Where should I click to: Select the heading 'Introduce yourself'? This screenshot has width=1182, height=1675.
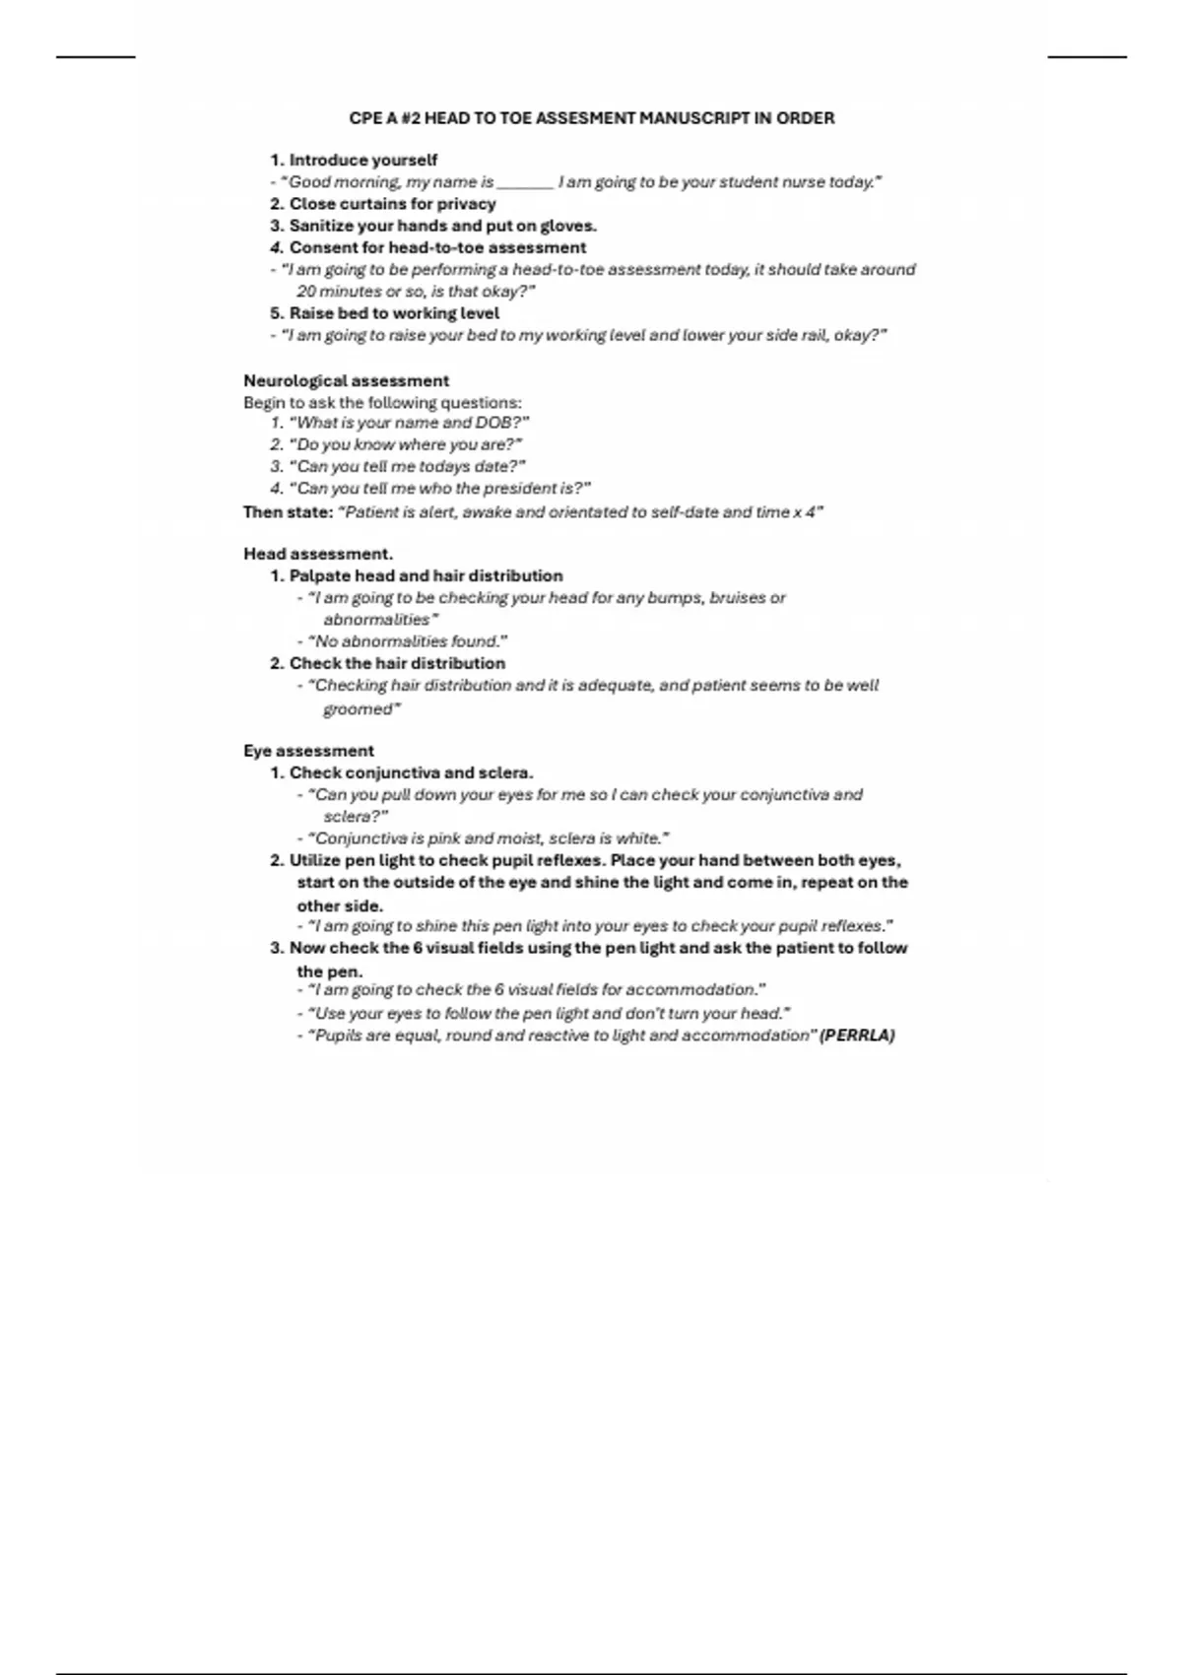click(362, 160)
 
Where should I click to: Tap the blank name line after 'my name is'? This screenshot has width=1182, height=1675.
click(525, 182)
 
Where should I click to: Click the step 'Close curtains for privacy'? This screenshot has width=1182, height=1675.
click(392, 204)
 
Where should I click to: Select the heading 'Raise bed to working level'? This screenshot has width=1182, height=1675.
click(394, 313)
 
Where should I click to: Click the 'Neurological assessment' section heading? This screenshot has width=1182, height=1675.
click(346, 380)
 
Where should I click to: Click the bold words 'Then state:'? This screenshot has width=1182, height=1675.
click(288, 512)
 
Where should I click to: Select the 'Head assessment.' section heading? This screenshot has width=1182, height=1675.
click(317, 554)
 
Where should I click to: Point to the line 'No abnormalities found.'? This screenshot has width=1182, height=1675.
click(407, 641)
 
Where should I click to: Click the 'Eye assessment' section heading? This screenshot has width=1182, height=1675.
click(308, 751)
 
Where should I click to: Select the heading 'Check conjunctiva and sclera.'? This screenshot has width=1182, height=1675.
click(411, 772)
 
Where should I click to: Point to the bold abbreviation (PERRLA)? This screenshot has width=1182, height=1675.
click(857, 1036)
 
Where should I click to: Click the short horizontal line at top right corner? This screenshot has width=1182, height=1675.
click(1086, 57)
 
